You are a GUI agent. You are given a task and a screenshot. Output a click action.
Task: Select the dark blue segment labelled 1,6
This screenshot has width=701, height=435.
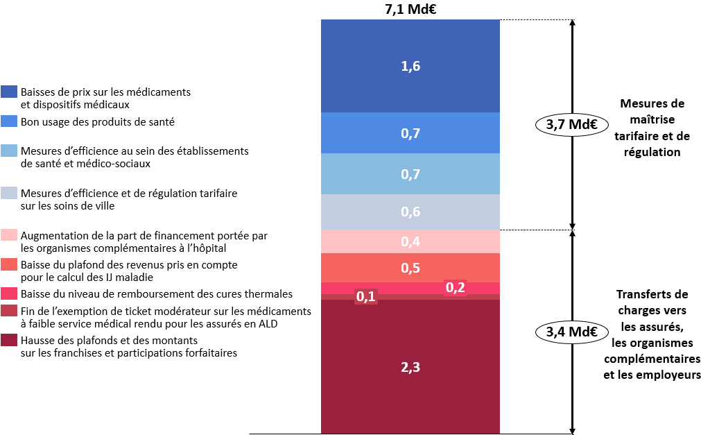(x=410, y=66)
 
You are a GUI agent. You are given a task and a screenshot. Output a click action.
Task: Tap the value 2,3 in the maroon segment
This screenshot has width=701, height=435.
(x=410, y=368)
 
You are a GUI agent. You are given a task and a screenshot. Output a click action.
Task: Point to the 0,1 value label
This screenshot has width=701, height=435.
(x=365, y=297)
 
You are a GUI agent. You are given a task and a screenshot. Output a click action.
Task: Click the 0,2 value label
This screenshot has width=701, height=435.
(x=455, y=288)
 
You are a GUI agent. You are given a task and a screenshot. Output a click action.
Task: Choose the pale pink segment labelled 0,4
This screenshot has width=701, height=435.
(x=410, y=241)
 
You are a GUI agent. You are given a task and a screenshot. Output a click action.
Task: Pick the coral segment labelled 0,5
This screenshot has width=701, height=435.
(x=410, y=268)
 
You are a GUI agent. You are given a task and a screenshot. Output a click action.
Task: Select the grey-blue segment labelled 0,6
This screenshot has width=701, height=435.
(x=410, y=212)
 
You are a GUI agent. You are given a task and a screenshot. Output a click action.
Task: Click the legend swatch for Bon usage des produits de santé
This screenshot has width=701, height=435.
(x=10, y=121)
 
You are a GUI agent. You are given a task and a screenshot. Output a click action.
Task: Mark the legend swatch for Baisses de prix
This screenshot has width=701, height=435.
(x=10, y=92)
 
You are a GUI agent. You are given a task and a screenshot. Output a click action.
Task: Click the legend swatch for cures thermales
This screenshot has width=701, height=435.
(x=10, y=294)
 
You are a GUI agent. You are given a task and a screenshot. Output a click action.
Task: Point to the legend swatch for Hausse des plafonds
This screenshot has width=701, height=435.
(x=10, y=341)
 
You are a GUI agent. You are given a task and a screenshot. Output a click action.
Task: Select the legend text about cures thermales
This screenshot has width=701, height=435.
(x=157, y=294)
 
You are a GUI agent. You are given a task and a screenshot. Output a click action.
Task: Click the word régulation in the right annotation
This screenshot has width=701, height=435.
(x=651, y=151)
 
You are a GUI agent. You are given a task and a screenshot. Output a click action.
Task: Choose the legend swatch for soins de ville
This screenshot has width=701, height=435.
(x=10, y=193)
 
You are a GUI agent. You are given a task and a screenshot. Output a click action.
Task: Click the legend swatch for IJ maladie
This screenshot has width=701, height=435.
(x=10, y=264)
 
